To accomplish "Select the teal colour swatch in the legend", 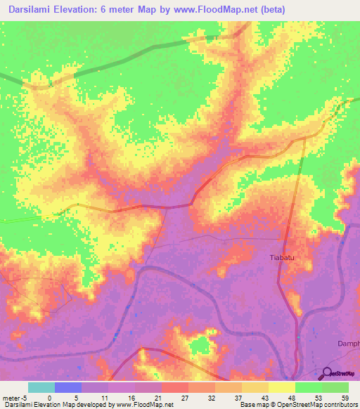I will [41, 387].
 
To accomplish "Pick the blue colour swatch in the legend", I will [68, 387].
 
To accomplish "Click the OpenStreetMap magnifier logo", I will [327, 373].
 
